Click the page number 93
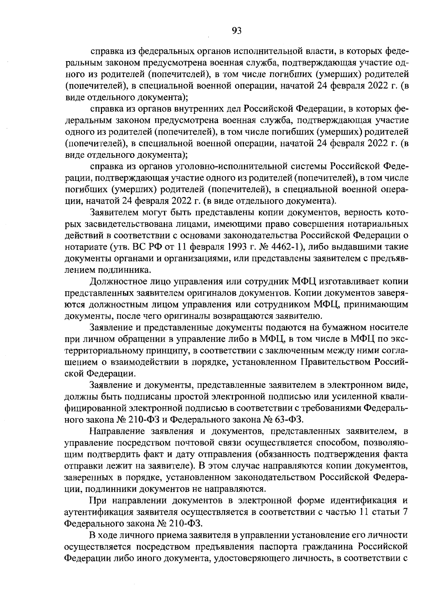(x=236, y=31)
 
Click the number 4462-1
(x=285, y=247)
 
